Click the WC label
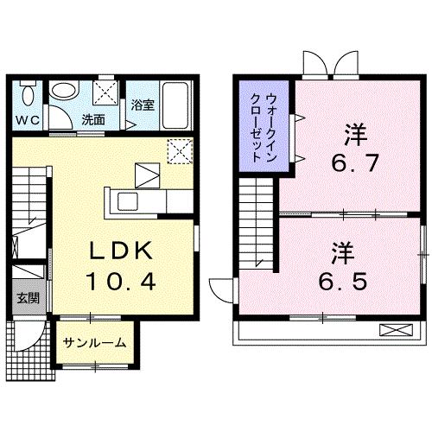(28, 120)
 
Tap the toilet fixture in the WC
(28, 92)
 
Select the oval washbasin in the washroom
(64, 91)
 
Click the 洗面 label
(93, 120)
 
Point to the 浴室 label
(143, 105)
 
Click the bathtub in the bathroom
(175, 105)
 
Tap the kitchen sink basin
(128, 201)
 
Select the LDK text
(121, 251)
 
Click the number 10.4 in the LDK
(120, 282)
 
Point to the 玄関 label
(28, 298)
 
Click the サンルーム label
(95, 343)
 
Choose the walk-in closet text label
(264, 127)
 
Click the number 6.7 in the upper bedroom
(355, 163)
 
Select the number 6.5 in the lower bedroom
(343, 282)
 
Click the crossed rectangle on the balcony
(397, 330)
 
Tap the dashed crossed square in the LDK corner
(180, 151)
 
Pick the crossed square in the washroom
(105, 92)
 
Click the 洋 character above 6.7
(356, 134)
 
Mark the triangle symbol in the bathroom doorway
(130, 125)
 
